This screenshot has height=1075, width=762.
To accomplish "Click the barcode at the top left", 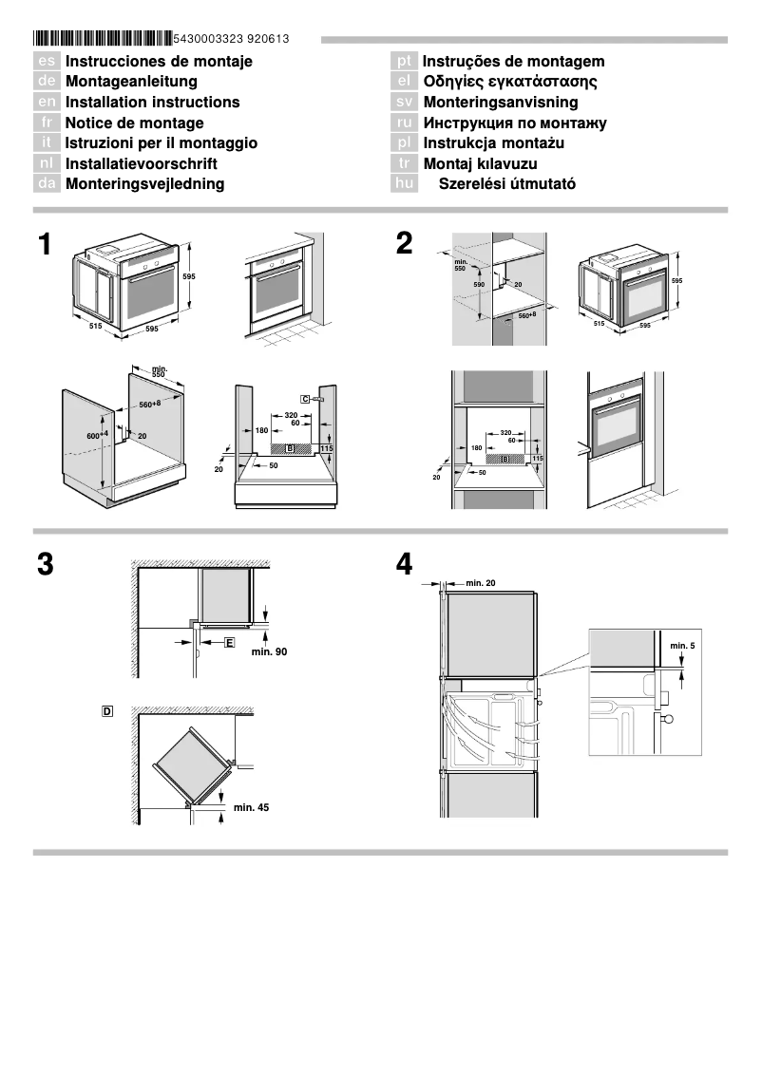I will [x=103, y=39].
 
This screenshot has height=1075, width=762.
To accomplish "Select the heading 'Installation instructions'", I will [x=152, y=103].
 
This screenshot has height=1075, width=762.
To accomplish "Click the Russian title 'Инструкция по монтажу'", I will [x=514, y=123].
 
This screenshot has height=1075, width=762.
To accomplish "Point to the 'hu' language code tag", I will [x=405, y=184].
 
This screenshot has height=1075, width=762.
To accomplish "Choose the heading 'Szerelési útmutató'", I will [x=506, y=184].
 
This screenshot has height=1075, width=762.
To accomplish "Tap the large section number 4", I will [x=405, y=565].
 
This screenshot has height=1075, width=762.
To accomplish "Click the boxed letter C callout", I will [x=306, y=400].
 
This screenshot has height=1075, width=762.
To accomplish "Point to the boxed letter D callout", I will [x=107, y=710].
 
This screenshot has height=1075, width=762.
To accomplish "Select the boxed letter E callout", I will [x=229, y=643].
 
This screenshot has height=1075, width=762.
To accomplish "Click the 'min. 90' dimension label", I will [x=269, y=652].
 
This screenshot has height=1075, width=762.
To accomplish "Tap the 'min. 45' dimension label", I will [x=251, y=807].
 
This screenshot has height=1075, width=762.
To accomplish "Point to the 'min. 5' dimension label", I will [x=681, y=646].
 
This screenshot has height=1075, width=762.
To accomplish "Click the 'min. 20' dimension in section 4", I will [x=481, y=582].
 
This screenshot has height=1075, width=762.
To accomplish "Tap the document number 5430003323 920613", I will [x=232, y=39].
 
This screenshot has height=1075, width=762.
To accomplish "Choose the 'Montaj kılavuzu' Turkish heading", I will [x=480, y=163].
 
